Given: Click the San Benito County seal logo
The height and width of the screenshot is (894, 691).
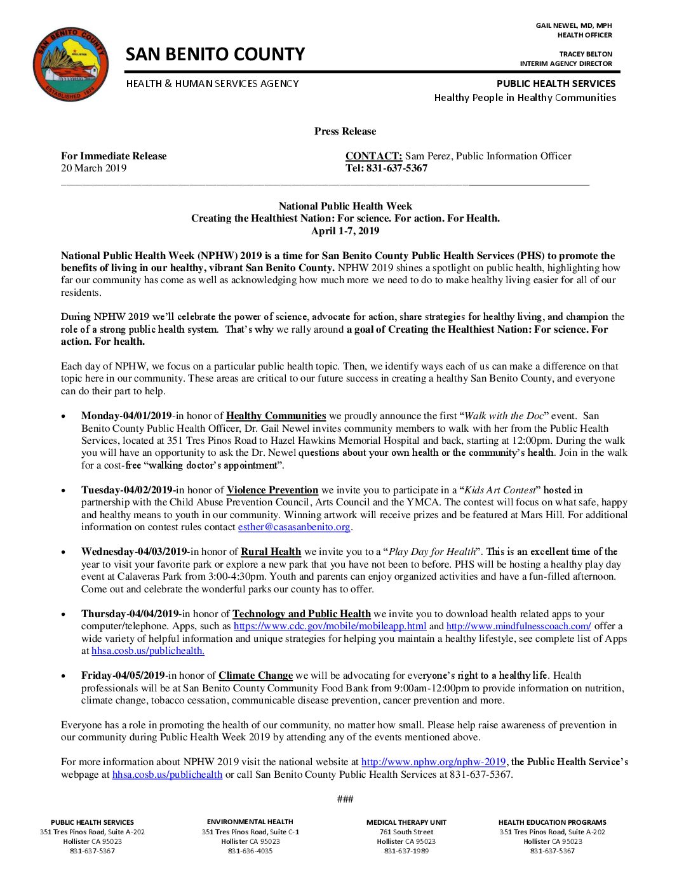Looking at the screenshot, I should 70,64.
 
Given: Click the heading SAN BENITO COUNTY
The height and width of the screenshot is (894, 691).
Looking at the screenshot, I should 215,55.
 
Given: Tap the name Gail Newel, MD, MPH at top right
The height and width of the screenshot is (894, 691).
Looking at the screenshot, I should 574,26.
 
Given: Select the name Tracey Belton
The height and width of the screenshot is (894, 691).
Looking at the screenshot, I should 586,54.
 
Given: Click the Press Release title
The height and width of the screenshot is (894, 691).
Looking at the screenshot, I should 345,131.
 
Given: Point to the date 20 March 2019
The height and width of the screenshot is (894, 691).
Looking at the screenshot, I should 93,168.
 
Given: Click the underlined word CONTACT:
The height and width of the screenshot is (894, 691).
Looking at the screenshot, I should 373,156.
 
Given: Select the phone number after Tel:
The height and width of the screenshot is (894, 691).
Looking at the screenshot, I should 397,168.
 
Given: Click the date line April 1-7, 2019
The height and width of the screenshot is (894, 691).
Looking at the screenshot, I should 345,230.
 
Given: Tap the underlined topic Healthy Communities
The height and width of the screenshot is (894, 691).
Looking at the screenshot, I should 276,416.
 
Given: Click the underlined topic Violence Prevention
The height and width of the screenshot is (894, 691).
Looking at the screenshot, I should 272,490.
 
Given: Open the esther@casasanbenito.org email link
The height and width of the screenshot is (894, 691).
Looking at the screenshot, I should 294,527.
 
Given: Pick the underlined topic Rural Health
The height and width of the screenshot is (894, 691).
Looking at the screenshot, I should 271,552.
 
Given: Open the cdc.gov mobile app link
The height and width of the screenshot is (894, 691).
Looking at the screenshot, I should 330,626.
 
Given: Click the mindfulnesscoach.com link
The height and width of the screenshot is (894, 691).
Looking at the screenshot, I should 518,626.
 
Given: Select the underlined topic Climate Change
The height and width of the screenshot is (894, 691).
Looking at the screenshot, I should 255,676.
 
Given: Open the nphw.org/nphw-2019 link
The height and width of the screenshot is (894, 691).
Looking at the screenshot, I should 433,762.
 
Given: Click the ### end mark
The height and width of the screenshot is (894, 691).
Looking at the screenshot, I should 345,799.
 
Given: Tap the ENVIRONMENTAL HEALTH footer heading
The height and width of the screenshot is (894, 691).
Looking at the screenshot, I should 250,822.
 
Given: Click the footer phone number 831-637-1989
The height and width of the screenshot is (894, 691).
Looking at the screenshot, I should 406,851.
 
